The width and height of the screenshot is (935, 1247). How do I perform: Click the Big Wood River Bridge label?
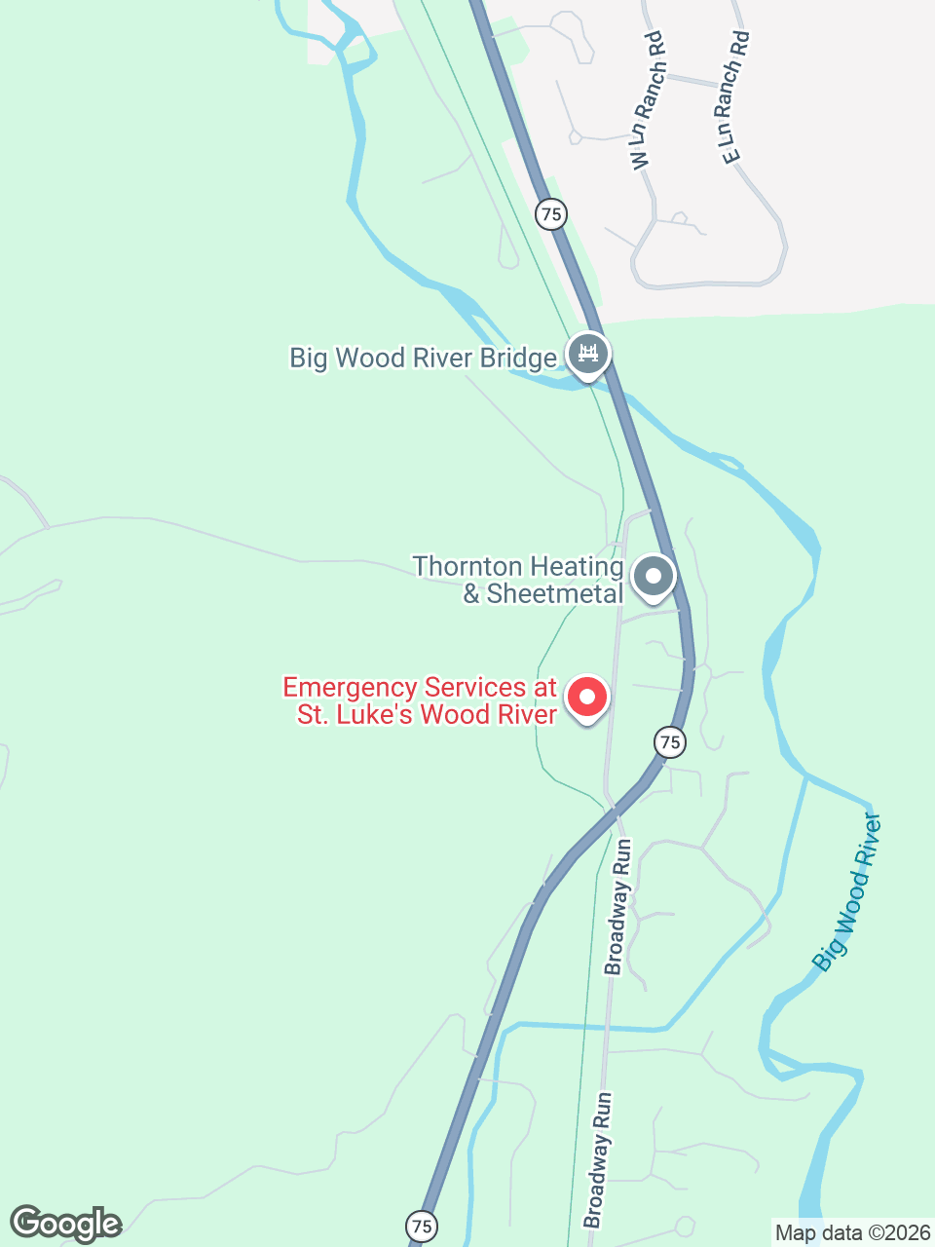(x=423, y=359)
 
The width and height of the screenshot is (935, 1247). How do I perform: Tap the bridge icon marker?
(x=588, y=354)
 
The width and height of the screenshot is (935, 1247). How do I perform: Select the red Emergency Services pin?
(x=587, y=698)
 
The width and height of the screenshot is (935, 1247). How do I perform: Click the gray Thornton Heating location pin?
(x=654, y=576)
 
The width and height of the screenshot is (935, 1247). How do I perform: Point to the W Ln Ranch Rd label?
(x=648, y=101)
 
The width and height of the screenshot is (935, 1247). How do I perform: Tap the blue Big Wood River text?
(x=846, y=892)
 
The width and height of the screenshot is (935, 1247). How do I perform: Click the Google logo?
(x=66, y=1224)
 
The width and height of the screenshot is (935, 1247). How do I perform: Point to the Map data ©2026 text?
(x=852, y=1232)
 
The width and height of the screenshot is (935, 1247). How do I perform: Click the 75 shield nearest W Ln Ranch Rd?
(x=551, y=213)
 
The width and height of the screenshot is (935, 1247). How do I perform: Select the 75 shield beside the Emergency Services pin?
(x=669, y=742)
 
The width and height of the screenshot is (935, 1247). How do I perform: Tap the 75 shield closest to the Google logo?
(x=421, y=1226)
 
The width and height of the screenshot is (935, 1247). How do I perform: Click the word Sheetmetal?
(x=555, y=594)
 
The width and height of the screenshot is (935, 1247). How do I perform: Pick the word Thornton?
(x=467, y=566)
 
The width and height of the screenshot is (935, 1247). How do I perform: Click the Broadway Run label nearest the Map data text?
(x=598, y=1159)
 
